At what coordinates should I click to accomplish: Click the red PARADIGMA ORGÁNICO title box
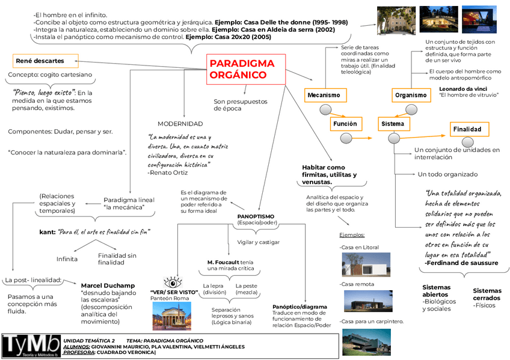245,69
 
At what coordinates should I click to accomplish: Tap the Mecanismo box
324,95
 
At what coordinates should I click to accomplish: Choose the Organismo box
411,95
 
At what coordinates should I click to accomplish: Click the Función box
345,124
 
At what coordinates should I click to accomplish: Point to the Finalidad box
470,129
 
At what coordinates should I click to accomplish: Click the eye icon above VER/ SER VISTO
173,282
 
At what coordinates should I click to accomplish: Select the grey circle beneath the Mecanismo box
325,109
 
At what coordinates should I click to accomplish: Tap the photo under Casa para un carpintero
366,341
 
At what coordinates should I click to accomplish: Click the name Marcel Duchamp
108,285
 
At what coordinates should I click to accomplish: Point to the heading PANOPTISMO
256,216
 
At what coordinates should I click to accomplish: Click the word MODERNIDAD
180,123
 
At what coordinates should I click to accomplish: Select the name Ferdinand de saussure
461,263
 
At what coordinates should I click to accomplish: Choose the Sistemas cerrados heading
487,294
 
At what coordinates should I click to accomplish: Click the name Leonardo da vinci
462,89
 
